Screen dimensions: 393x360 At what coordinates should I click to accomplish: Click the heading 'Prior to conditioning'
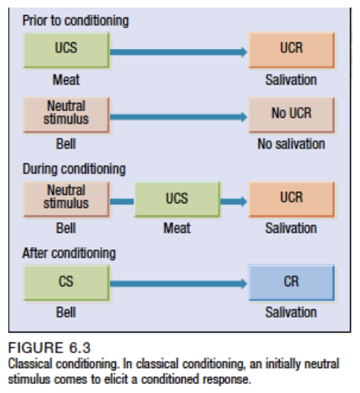click(x=75, y=20)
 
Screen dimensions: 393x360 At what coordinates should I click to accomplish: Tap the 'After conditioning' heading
click(x=69, y=253)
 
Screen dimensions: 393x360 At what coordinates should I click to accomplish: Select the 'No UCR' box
click(x=290, y=115)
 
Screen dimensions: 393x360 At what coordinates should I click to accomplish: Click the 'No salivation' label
click(x=291, y=144)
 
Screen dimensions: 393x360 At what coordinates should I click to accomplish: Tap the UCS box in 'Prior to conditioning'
click(x=66, y=49)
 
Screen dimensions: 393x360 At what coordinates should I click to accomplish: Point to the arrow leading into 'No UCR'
click(x=178, y=117)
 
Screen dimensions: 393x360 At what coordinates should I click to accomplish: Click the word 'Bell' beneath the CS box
click(x=67, y=311)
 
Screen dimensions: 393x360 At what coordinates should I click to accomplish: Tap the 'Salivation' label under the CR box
click(x=291, y=311)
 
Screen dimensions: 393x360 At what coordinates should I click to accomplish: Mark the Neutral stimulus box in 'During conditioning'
click(x=66, y=197)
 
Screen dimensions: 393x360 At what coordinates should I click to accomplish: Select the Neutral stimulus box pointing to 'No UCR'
click(x=66, y=113)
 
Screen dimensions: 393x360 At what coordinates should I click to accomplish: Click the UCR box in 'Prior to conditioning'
click(x=290, y=49)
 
